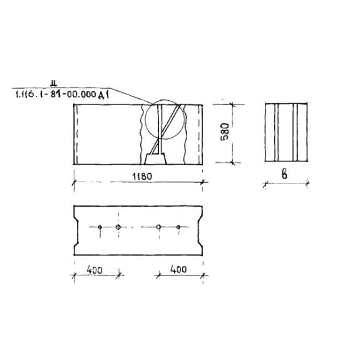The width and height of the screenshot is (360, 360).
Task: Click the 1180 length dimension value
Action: tap(142, 177)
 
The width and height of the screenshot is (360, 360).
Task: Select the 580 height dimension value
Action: tap(225, 131)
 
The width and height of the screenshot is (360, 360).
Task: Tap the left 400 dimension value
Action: tap(95, 270)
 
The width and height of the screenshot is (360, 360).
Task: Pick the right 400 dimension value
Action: tap(178, 269)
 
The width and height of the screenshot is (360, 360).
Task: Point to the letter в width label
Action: tap(284, 175)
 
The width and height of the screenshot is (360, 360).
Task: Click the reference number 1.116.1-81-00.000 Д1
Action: tap(62, 95)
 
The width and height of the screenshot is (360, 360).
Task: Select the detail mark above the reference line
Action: tap(54, 83)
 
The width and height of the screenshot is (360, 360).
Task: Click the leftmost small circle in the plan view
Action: tap(100, 227)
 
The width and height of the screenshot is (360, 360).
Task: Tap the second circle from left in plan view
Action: tap(118, 227)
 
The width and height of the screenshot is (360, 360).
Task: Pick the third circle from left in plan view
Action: tap(158, 227)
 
